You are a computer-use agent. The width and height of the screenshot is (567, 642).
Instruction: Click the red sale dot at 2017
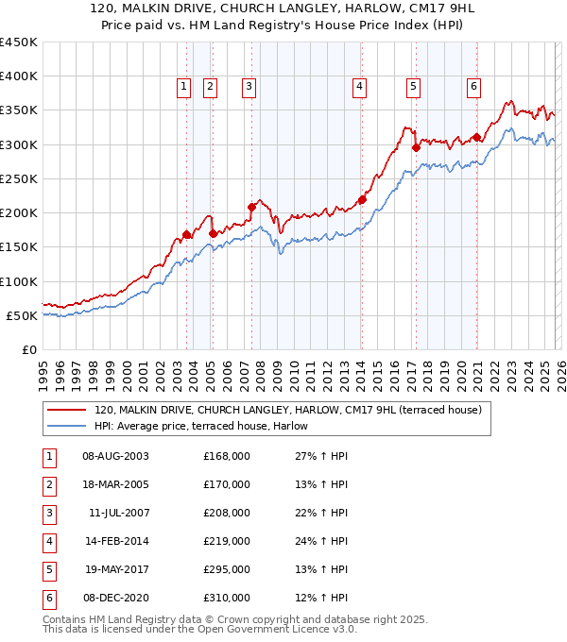pyautogui.click(x=416, y=147)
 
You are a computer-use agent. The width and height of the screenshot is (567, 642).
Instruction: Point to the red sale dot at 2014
pyautogui.click(x=362, y=199)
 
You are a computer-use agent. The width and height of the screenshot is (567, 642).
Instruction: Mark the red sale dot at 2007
pyautogui.click(x=251, y=207)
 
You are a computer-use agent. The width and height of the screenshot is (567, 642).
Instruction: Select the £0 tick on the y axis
pyautogui.click(x=29, y=350)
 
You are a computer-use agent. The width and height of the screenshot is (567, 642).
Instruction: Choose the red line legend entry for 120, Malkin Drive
pyautogui.click(x=288, y=410)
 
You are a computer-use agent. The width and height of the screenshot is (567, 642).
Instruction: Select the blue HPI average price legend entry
pyautogui.click(x=208, y=426)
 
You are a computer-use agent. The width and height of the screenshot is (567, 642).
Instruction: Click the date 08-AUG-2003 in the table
pyautogui.click(x=115, y=456)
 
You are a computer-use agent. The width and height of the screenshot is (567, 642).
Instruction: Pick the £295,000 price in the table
pyautogui.click(x=227, y=569)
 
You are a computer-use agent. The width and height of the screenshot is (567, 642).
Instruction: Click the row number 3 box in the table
pyautogui.click(x=48, y=513)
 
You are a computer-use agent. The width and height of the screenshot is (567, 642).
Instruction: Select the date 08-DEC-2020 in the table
pyautogui.click(x=115, y=598)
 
